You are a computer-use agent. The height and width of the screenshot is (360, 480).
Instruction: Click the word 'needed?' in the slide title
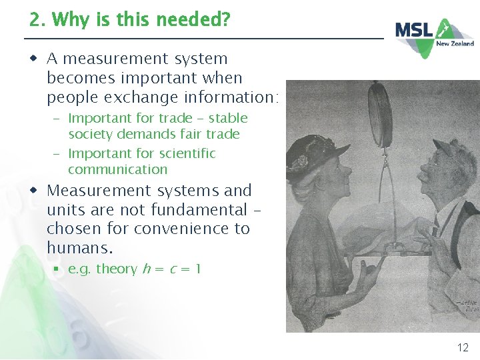[x=198, y=20]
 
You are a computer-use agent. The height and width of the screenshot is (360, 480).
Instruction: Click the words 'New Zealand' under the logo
[x=455, y=44]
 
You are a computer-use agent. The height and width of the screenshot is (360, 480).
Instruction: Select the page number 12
[x=463, y=347]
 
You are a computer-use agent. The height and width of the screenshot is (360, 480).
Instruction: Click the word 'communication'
[x=117, y=169]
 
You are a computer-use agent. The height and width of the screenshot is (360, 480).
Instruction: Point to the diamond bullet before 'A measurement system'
[x=33, y=59]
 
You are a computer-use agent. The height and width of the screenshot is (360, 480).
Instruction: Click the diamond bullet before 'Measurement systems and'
[x=33, y=190]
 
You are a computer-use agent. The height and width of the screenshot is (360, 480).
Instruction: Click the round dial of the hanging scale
[x=381, y=115]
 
